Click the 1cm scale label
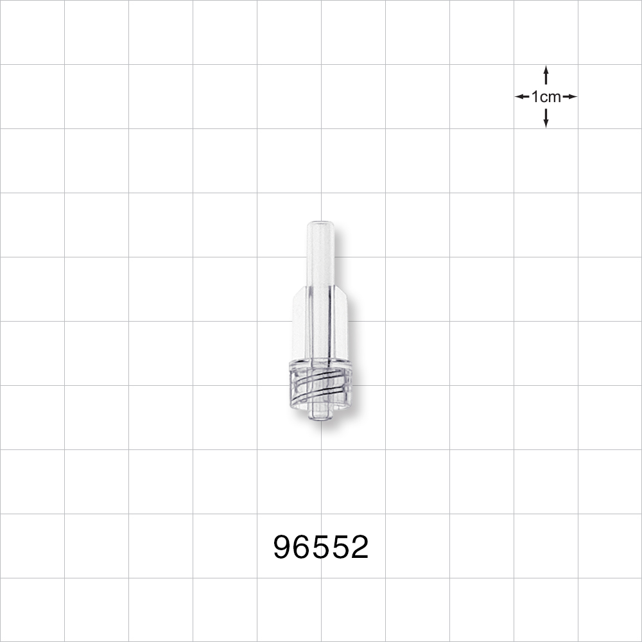pyautogui.click(x=546, y=97)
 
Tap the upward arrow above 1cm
pyautogui.click(x=546, y=74)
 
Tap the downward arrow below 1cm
pyautogui.click(x=546, y=119)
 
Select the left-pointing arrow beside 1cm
pyautogui.click(x=522, y=97)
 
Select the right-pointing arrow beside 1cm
pyautogui.click(x=570, y=97)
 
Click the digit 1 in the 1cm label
pyautogui.click(x=535, y=97)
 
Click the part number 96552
pyautogui.click(x=321, y=547)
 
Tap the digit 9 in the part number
pyautogui.click(x=283, y=547)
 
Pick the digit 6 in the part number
pyautogui.click(x=302, y=547)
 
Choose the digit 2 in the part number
pyautogui.click(x=360, y=547)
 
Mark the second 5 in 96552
pyautogui.click(x=340, y=547)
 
